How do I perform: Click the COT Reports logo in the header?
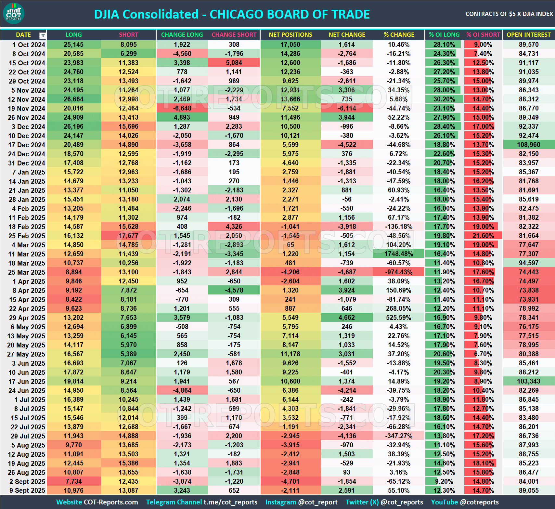pos(13,14)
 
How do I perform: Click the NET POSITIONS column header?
pos(290,35)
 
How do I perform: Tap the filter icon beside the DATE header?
pos(43,35)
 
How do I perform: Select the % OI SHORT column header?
pos(483,35)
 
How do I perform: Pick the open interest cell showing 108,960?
pos(528,145)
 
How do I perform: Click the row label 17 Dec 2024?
pos(27,145)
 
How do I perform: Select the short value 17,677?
pos(128,236)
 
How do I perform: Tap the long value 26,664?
pos(73,99)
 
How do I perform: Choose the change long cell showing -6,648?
pos(182,108)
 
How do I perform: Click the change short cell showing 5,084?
pos(234,63)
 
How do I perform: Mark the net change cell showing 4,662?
pos(347,318)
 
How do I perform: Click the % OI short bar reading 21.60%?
pos(483,236)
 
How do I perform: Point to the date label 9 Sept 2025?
pos(27,490)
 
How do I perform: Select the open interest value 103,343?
pos(528,381)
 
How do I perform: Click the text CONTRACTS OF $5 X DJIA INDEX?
pos(509,14)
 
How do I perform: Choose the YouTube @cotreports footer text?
pos(465,502)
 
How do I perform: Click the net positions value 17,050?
pos(290,45)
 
